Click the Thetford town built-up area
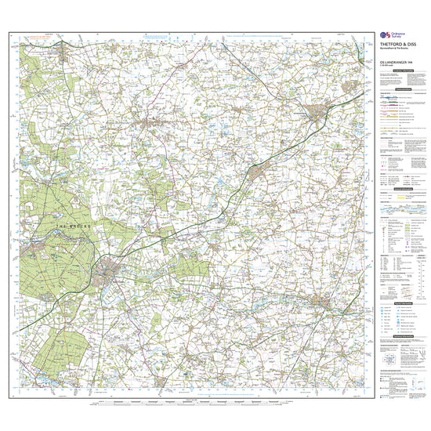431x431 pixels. click(109, 273)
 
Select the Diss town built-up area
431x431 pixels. click(324, 301)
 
